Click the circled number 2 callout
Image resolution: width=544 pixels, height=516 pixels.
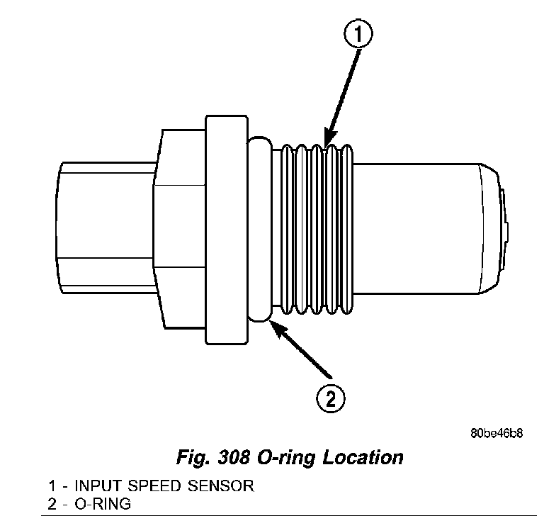(x=331, y=400)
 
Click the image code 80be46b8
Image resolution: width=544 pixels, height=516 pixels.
(x=496, y=434)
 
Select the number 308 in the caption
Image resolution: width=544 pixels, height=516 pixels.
(x=231, y=457)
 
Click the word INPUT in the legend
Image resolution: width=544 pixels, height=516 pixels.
(x=96, y=487)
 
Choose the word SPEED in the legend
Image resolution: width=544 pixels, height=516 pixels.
(x=150, y=487)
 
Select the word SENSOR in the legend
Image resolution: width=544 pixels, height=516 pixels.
(x=217, y=487)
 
